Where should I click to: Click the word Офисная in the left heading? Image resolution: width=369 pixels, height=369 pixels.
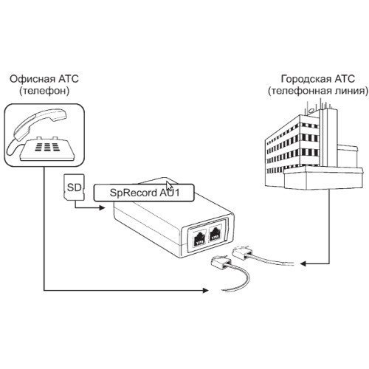pos(32,79)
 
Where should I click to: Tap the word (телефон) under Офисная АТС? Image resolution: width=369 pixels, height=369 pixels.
pos(44,91)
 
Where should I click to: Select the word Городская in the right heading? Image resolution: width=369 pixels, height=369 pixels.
pos(306,79)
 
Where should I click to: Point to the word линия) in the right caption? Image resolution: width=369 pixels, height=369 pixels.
pos(352,91)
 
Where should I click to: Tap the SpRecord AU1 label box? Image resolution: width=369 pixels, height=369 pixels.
pos(144,193)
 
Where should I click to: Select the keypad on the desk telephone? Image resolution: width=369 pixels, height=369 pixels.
pos(47,147)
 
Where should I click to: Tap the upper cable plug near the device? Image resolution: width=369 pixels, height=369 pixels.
pos(242,252)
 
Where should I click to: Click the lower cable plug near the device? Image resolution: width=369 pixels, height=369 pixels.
pos(221,263)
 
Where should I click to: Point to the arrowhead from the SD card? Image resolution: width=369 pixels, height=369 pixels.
pos(102,208)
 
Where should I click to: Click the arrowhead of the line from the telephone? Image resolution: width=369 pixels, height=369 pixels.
pos(205,290)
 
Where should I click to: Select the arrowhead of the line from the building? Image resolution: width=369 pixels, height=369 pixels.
pos(303,263)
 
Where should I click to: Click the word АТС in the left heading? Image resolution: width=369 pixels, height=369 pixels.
pos(69,79)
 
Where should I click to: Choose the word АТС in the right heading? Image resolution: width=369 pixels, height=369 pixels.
pos(345,79)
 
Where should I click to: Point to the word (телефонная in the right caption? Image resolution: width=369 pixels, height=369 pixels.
pos(300,91)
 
